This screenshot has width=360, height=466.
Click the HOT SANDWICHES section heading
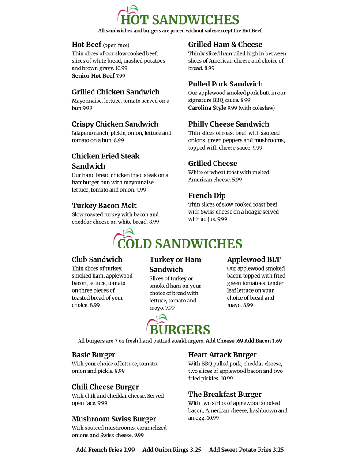tap(180, 20)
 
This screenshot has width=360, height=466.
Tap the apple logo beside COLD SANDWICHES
tap(124, 237)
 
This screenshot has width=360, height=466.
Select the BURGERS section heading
tap(180, 330)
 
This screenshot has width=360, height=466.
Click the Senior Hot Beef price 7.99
tap(120, 76)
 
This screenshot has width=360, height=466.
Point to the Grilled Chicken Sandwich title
tap(116, 92)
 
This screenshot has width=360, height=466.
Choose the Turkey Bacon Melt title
tap(104, 206)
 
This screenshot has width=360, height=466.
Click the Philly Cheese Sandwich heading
tap(229, 124)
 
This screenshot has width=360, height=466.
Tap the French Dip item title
tap(207, 195)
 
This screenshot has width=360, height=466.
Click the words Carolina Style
tap(207, 108)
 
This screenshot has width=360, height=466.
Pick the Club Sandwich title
tap(97, 259)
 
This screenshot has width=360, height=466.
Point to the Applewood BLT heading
tap(254, 259)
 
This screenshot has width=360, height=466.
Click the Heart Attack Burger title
tap(222, 355)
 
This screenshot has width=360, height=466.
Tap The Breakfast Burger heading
tap(225, 394)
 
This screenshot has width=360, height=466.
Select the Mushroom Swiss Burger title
tap(114, 419)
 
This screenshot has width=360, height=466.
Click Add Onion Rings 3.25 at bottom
tap(172, 450)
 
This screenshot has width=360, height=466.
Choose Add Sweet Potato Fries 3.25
tap(246, 450)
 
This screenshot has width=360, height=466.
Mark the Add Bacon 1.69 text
tap(263, 341)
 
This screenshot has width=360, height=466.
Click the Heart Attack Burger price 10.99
tap(227, 379)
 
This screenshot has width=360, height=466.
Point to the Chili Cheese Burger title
tap(105, 387)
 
